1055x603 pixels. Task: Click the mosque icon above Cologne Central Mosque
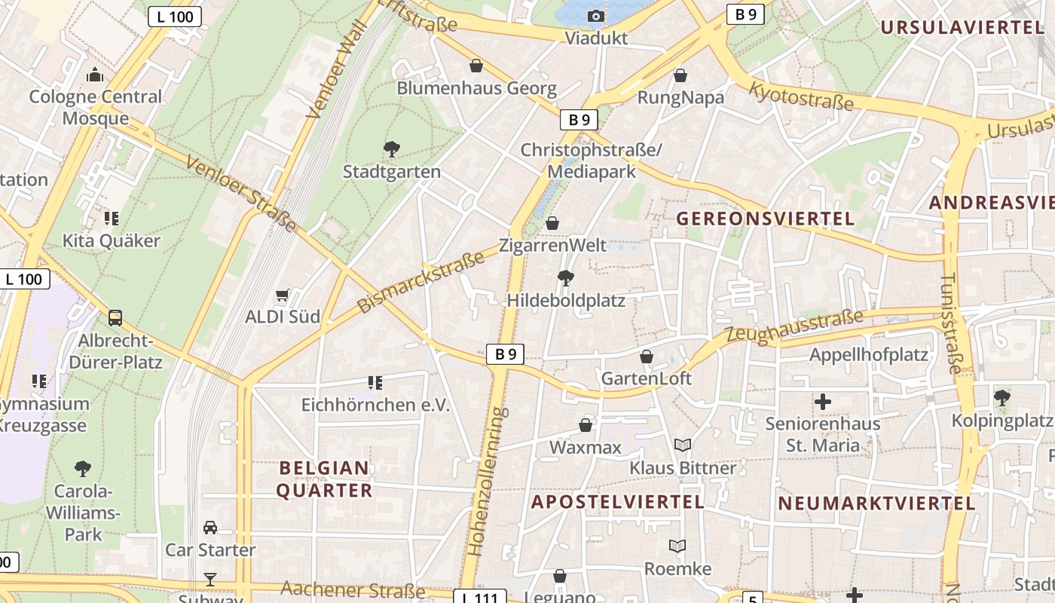95,75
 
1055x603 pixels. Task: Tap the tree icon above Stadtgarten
392,148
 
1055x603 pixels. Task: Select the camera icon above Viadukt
596,16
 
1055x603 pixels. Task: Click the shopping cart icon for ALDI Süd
283,295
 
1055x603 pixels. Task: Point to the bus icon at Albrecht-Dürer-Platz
115,318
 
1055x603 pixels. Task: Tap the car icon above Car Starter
210,528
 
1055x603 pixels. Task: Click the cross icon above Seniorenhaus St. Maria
823,402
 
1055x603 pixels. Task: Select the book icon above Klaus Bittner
683,445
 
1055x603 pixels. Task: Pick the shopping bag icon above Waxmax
586,426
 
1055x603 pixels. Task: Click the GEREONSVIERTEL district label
766,219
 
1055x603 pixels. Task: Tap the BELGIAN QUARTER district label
324,479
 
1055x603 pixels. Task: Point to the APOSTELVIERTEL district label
618,502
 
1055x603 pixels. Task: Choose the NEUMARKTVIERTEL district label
876,504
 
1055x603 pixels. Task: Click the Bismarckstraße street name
420,283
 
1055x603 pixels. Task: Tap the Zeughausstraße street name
794,327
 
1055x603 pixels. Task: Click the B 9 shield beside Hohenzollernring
505,354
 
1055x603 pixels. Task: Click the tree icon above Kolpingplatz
1002,397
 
